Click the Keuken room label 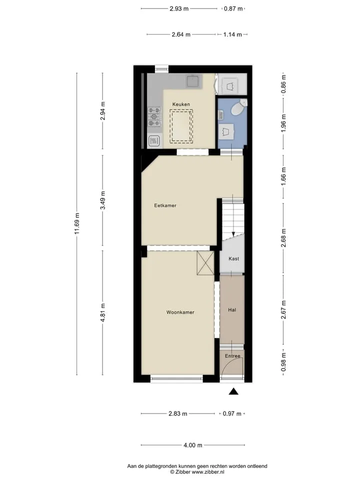181,104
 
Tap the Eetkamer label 165,205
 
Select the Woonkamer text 180,312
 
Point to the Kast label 234,258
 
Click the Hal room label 232,310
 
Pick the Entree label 232,356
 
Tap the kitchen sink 193,81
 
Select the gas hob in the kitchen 154,116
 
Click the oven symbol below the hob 154,141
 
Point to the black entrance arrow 234,391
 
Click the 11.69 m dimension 77,224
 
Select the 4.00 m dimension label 193,445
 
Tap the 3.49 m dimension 103,200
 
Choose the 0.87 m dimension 233,8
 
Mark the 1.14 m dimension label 232,34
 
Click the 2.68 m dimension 284,238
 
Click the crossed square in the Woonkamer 205,263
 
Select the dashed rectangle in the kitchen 181,126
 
